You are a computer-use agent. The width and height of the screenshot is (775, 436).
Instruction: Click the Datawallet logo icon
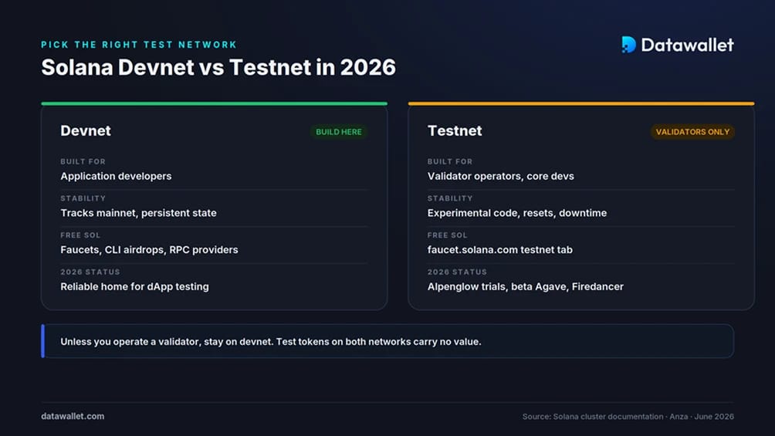628,45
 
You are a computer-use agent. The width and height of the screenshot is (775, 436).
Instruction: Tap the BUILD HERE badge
339,132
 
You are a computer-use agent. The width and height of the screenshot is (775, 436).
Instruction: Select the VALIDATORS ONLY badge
692,132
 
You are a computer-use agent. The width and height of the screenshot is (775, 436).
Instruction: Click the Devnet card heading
86,130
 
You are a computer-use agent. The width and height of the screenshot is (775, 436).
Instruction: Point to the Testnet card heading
455,130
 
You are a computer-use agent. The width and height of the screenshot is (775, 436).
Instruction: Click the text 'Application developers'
116,176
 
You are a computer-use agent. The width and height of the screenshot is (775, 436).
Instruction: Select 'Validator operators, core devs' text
501,176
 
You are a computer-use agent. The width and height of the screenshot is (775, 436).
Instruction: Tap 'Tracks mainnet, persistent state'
138,213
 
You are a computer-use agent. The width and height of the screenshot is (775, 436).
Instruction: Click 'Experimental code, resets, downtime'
517,213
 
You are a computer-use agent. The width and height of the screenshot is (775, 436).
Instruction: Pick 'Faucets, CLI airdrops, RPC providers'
149,249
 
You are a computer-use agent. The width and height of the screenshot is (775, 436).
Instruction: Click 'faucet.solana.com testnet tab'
500,249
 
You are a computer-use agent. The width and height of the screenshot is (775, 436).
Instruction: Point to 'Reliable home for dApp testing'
134,287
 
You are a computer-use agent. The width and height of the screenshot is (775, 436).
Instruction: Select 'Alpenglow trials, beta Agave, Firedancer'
526,287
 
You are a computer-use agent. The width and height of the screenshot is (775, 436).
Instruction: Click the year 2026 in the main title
367,67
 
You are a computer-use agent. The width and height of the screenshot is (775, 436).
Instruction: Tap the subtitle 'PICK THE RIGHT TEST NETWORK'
139,45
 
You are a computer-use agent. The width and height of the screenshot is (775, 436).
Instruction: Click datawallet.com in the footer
73,416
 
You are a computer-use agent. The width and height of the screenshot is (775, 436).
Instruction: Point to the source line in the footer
628,417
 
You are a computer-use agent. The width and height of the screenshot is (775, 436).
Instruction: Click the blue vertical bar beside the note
43,341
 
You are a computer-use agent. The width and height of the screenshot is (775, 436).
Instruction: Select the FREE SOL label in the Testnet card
447,235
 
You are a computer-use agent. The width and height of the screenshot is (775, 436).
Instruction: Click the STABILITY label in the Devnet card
83,198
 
